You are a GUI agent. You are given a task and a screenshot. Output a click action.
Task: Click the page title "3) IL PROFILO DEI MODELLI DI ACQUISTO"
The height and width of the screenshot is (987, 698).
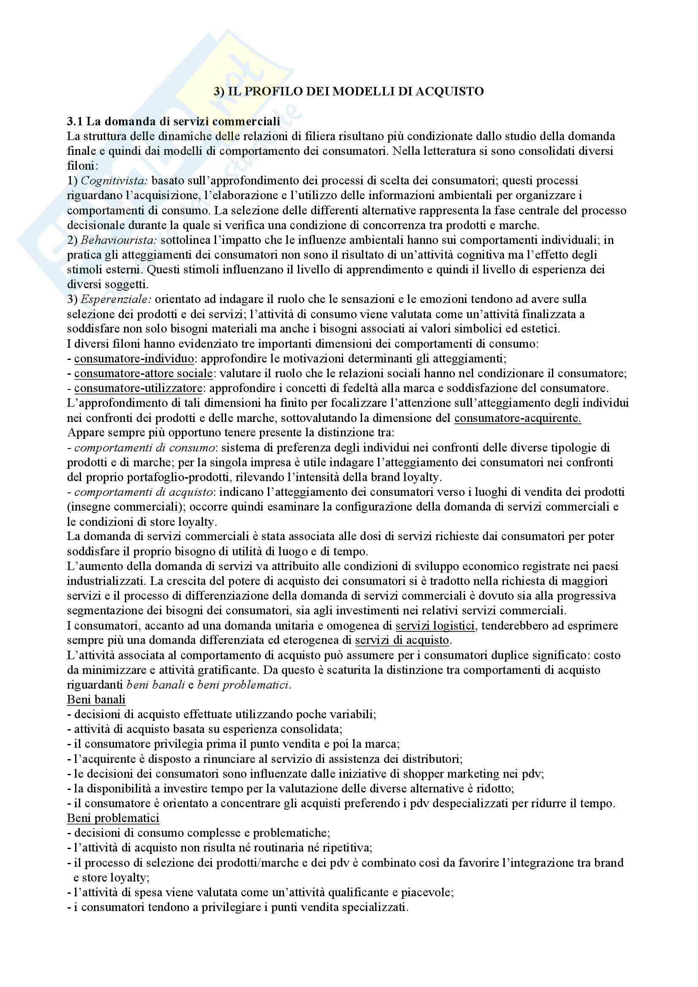(349, 91)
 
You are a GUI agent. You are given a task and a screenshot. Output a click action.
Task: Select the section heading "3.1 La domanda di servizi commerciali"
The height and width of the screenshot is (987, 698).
(173, 121)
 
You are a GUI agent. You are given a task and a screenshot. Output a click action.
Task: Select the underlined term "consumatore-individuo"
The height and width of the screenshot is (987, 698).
(134, 359)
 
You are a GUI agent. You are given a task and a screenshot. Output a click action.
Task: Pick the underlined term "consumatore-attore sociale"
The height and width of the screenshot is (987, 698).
(143, 373)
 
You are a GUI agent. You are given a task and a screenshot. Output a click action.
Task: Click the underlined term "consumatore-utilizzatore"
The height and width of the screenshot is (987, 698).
(138, 388)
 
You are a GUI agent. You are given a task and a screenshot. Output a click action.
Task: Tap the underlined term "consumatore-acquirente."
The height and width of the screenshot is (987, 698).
(517, 418)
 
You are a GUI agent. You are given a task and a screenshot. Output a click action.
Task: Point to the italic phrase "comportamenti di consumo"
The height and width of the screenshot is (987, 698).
(144, 447)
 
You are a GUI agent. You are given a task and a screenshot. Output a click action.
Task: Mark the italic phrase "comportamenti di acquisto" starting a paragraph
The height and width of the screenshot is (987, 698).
(143, 492)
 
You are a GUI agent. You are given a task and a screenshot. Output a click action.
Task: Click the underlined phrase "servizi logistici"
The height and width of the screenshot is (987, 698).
(435, 625)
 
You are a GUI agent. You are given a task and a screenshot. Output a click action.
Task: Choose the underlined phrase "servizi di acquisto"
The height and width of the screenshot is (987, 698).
(402, 640)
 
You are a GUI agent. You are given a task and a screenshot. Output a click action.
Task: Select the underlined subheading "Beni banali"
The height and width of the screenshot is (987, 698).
(96, 699)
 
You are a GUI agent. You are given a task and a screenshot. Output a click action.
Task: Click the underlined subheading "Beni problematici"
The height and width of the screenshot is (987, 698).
(113, 818)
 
